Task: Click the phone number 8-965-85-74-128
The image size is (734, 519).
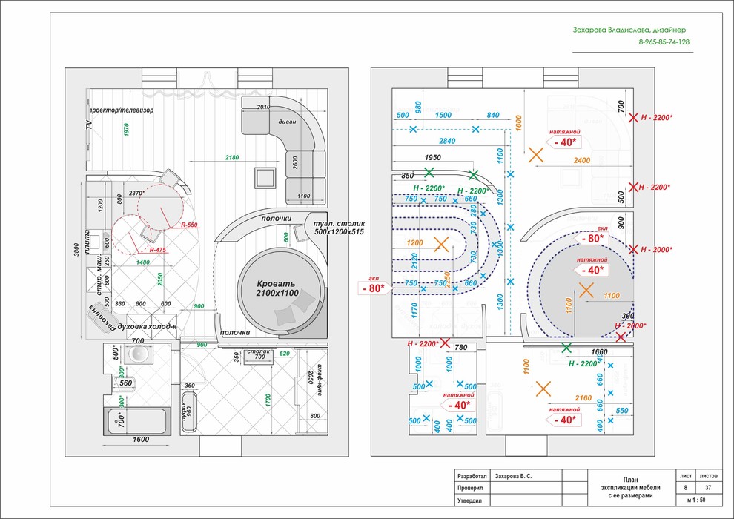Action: point(664,42)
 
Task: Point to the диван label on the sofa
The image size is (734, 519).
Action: point(288,122)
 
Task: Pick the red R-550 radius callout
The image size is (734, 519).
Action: point(190,224)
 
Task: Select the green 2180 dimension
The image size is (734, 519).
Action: point(232,158)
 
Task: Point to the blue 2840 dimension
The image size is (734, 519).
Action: point(447,140)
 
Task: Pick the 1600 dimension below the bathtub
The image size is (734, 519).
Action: point(141,440)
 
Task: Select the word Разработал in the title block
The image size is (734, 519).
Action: point(472,477)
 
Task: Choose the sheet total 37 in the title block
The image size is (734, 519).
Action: point(708,488)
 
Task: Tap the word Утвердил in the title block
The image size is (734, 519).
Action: point(470,502)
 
